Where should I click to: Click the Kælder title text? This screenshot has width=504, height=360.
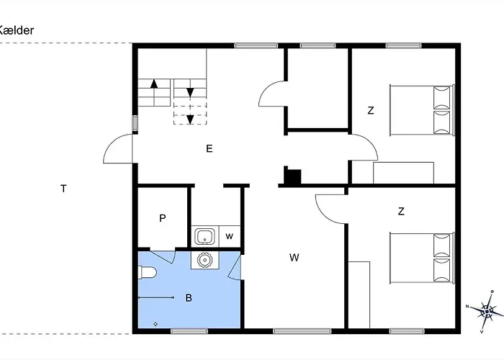tap(16, 30)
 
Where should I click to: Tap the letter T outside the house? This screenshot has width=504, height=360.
tap(63, 189)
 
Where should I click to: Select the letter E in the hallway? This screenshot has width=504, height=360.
tap(209, 149)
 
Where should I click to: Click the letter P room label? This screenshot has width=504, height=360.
tap(163, 218)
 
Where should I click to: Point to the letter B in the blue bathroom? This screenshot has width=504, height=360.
tap(189, 297)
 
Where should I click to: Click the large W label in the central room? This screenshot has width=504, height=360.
tap(294, 257)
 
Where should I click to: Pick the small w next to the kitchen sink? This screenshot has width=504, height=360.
tap(229, 236)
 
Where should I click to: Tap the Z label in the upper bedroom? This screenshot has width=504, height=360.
tap(371, 111)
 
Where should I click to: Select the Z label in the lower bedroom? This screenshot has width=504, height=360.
tap(401, 212)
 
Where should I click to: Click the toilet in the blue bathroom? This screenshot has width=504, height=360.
tap(147, 272)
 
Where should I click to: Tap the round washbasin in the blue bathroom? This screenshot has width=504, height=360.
tap(204, 259)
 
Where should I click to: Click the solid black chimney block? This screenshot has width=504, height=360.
tap(293, 177)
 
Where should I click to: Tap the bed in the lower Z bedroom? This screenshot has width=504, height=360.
tap(422, 257)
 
